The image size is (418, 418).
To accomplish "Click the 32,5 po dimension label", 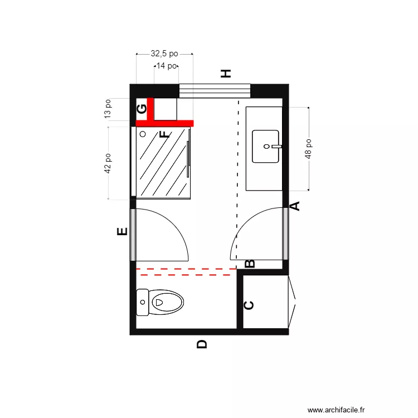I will pos(164,54).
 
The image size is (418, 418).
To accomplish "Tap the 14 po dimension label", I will pos(167,66).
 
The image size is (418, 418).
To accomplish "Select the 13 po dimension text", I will pos(108,109).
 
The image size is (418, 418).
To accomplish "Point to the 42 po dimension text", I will pos(108,164).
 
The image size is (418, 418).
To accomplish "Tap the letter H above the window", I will pos(226,74).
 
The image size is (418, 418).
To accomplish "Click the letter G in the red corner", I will pos(142,108).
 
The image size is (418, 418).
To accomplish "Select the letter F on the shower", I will pos(164,134).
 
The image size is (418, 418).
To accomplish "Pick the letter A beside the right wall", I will pos(296,206).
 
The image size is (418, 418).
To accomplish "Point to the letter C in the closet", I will pos(250,305).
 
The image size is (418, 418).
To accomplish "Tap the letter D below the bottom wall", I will pos(202,344).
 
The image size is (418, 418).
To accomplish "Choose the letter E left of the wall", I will pos(123,232).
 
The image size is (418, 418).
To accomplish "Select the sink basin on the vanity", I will pos(266,147).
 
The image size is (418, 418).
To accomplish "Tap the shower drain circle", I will pos(143,134).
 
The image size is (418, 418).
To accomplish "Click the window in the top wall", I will pos(215,90).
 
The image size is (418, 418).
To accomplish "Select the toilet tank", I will pos(143,303).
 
